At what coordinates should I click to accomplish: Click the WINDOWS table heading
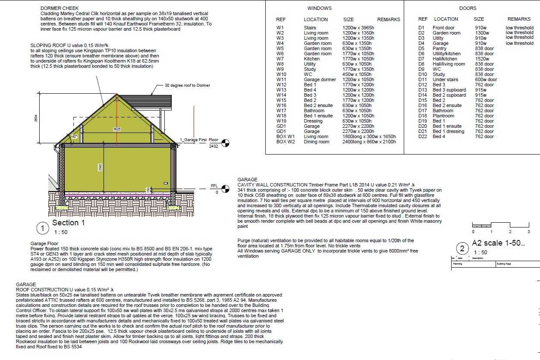320,8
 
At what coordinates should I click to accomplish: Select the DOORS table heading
468,8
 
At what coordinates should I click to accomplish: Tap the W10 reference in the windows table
281,74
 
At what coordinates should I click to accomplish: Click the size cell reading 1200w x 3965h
358,28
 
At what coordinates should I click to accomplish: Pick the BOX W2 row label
286,142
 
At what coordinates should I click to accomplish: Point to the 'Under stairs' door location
446,79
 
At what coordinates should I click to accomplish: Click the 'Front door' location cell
444,28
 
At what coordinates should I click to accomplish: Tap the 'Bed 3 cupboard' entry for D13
449,90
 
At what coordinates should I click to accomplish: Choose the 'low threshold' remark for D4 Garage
519,43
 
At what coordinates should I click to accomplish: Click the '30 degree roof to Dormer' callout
187,85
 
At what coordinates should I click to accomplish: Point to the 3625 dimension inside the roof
116,129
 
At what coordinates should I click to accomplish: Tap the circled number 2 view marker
462,248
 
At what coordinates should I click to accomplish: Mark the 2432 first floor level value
214,147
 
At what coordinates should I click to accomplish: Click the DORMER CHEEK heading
59,9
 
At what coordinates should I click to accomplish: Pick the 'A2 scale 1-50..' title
498,243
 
